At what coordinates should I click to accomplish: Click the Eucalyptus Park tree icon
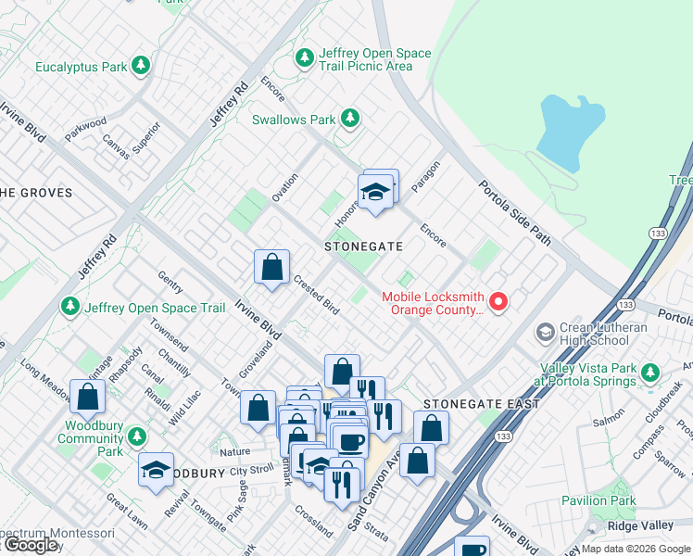[140, 66]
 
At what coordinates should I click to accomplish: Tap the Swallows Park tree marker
[349, 119]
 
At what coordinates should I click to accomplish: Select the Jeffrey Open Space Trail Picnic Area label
[374, 59]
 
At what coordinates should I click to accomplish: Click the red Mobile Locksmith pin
[498, 301]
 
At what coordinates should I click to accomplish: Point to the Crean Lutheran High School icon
[545, 331]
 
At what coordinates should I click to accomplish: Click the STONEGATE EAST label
[469, 405]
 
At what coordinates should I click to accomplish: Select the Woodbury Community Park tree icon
[138, 436]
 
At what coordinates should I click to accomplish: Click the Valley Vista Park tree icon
[650, 373]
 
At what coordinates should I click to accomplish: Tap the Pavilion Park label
[598, 501]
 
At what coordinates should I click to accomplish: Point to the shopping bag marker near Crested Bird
[271, 269]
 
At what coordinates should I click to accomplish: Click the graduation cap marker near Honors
[375, 192]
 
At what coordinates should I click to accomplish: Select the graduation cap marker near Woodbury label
[156, 471]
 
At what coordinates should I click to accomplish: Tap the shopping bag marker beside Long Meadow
[87, 398]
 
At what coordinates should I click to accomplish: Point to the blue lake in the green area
[570, 125]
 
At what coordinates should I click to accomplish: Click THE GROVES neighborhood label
[35, 193]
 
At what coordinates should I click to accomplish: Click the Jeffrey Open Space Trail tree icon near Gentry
[69, 306]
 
